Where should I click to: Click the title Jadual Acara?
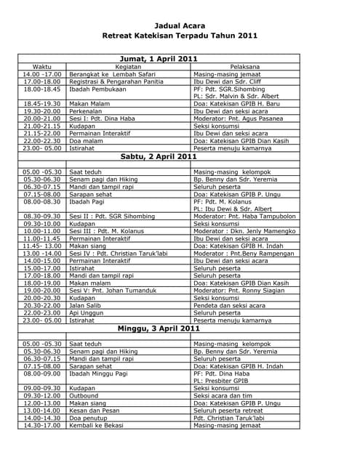coord(180,23)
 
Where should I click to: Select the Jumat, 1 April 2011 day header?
coord(158,58)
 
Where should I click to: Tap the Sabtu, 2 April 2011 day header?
coord(158,156)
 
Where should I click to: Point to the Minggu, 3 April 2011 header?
coord(158,328)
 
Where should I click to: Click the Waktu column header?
coord(42,67)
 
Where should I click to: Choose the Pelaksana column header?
coord(244,67)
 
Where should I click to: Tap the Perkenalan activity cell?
coord(88,111)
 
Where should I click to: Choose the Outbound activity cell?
coord(84,396)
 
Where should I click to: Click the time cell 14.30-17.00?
coord(42,425)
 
